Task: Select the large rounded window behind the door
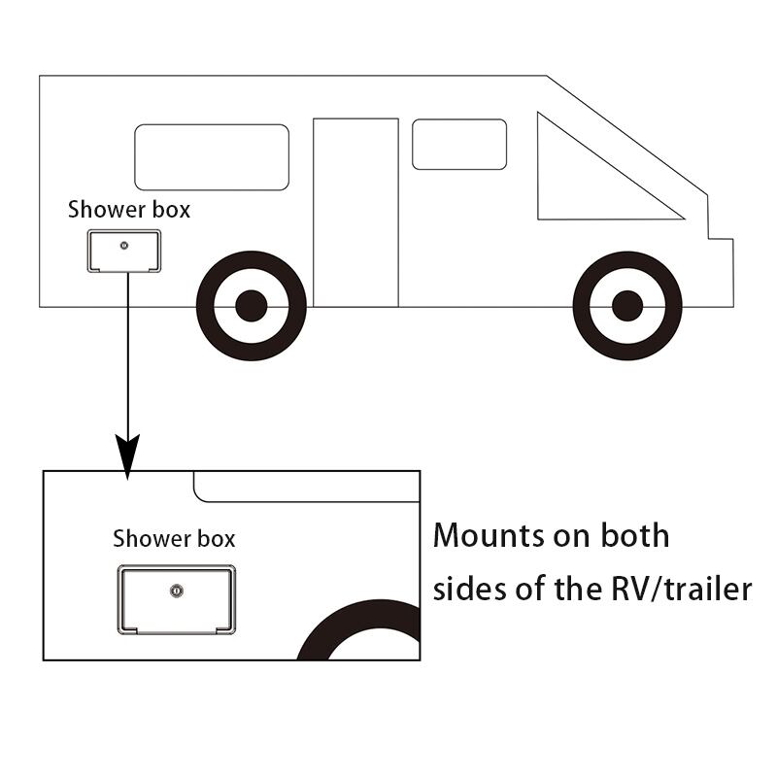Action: click(x=212, y=157)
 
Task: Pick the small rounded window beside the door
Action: click(x=459, y=145)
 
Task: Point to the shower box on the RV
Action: click(x=124, y=251)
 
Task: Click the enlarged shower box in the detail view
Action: click(x=177, y=600)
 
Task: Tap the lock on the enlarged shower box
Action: click(x=176, y=590)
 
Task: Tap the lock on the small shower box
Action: click(x=124, y=245)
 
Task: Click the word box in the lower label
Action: click(x=214, y=538)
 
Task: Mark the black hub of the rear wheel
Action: click(x=251, y=306)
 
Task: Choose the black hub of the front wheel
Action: click(x=627, y=306)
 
